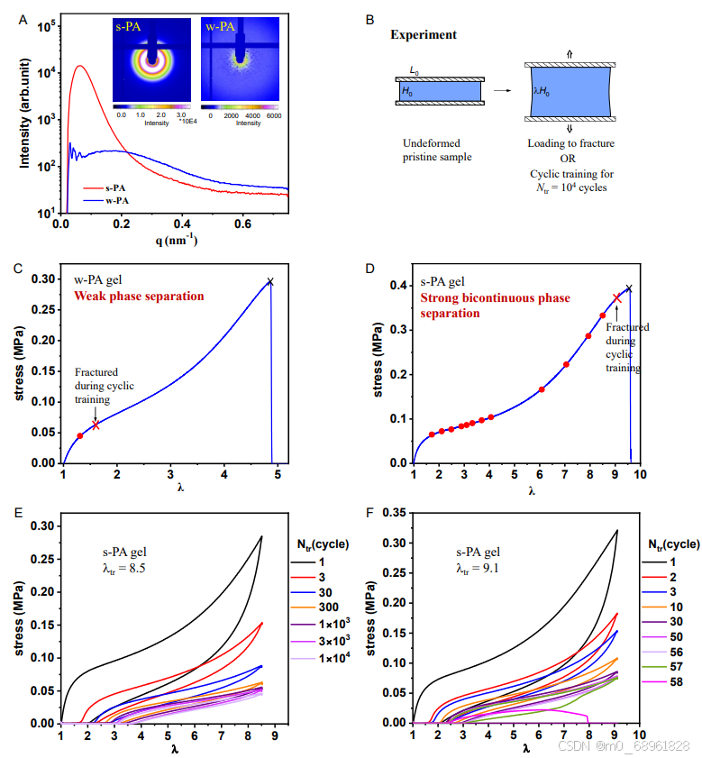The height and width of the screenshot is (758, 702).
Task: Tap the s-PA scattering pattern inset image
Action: pos(149,59)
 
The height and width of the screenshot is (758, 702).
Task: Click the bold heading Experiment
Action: pos(423,35)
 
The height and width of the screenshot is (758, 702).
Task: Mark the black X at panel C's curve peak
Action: pos(269,282)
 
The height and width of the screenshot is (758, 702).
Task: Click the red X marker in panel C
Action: pos(96,425)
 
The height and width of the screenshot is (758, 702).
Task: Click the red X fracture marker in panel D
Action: pos(617,298)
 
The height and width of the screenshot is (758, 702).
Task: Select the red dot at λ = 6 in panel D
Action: pos(542,389)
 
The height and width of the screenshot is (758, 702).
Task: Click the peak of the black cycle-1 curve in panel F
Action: pos(617,530)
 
